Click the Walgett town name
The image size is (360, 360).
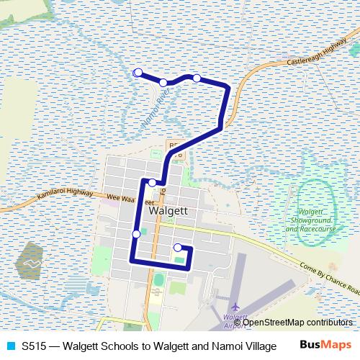pyautogui.click(x=168, y=212)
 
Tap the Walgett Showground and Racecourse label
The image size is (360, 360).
pyautogui.click(x=312, y=220)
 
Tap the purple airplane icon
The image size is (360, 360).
pyautogui.click(x=236, y=305)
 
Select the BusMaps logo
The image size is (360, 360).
pyautogui.click(x=325, y=345)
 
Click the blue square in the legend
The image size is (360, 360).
pyautogui.click(x=10, y=345)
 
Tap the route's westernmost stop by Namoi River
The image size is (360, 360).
pyautogui.click(x=138, y=72)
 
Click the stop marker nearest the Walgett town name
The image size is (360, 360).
pyautogui.click(x=152, y=182)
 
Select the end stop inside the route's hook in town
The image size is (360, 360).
pyautogui.click(x=177, y=248)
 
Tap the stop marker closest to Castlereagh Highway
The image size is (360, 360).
pyautogui.click(x=197, y=78)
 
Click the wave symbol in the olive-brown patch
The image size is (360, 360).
pyautogui.click(x=32, y=264)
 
